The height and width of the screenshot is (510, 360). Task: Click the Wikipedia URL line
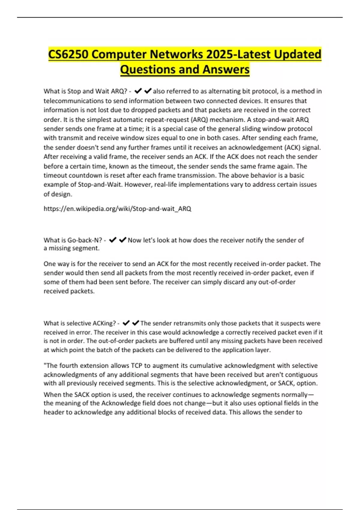pos(117,208)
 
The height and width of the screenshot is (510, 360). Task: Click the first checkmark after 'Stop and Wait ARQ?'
pos(138,91)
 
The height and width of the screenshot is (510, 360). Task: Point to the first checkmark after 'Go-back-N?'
pos(113,240)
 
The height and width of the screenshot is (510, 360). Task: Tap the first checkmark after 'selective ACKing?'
pos(126,323)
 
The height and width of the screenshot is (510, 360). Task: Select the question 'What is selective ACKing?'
pos(79,323)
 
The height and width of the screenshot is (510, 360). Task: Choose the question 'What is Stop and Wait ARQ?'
pos(85,91)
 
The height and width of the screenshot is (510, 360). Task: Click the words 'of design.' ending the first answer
pos(58,194)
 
